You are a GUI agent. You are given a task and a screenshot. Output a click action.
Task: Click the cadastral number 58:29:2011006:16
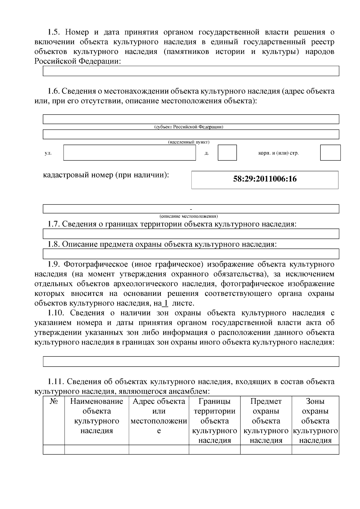tap(265, 179)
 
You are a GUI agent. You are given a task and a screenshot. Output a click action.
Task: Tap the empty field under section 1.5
tap(191, 71)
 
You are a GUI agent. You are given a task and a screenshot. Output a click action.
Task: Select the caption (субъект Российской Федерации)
tap(189, 127)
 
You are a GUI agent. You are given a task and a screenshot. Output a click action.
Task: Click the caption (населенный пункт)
tap(189, 142)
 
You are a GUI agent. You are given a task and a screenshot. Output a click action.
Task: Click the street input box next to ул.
tap(129, 153)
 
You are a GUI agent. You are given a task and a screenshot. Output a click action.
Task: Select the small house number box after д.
tap(227, 153)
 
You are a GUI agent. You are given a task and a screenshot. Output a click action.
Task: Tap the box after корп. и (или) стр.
tap(330, 153)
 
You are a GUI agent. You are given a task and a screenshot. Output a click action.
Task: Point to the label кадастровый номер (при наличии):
tap(106, 175)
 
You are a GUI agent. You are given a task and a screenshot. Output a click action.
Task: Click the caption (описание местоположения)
tap(189, 216)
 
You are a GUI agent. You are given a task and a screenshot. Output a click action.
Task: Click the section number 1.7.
tap(54, 224)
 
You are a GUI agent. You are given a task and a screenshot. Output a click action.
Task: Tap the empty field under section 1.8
tap(191, 254)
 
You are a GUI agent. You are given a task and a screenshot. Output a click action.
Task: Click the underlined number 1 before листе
tap(165, 303)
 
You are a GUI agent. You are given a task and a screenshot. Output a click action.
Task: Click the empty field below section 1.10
tap(191, 361)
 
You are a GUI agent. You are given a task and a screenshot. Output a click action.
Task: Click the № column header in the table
tap(54, 401)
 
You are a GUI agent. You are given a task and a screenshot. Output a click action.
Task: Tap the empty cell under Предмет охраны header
tap(266, 449)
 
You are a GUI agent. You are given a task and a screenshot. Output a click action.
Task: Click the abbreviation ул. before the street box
tap(48, 153)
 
